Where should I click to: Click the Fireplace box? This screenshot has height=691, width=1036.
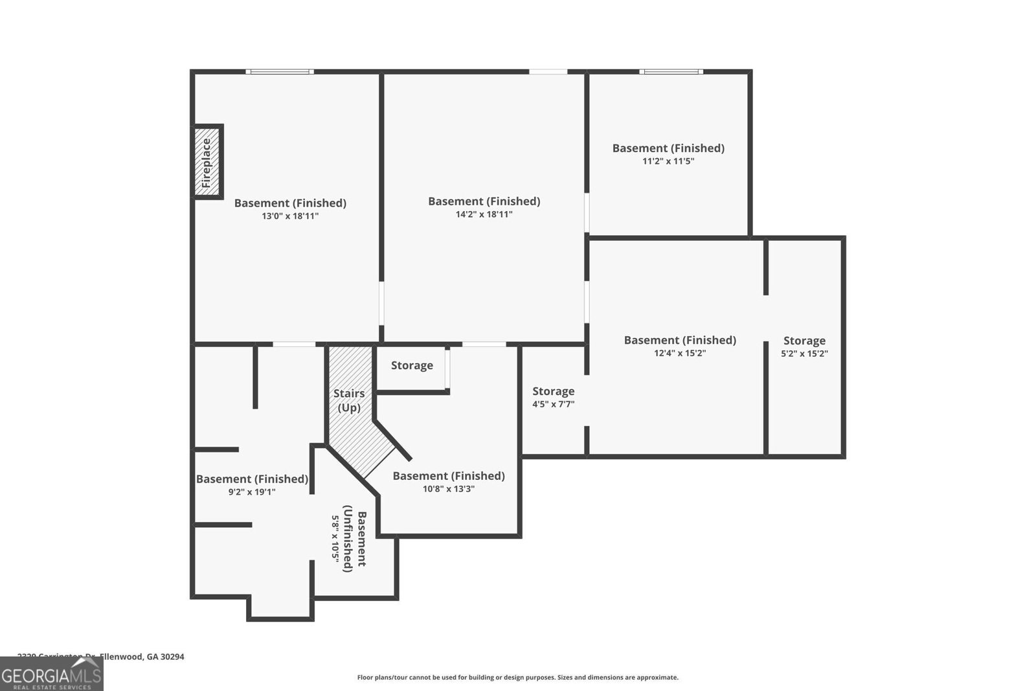(208, 161)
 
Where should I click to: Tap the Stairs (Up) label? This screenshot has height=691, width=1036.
(349, 400)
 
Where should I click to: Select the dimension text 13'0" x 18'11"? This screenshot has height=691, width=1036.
(290, 216)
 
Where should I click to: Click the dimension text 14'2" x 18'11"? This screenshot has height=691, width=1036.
(484, 214)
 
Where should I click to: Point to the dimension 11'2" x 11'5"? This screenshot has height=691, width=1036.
(668, 161)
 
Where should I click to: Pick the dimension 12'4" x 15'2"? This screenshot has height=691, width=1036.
(680, 354)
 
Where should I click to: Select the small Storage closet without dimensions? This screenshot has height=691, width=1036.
(412, 366)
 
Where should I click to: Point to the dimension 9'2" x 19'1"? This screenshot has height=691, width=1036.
(252, 492)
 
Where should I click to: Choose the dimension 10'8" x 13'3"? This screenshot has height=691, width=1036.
(449, 490)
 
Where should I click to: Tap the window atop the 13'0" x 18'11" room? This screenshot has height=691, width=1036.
(280, 71)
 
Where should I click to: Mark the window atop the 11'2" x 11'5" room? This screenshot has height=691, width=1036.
(671, 71)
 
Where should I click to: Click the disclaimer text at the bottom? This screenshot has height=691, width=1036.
(517, 677)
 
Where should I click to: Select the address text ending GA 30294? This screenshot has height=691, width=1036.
(101, 657)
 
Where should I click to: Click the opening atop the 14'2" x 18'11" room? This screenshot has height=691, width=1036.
(548, 71)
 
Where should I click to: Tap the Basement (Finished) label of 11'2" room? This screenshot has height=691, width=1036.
(668, 148)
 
